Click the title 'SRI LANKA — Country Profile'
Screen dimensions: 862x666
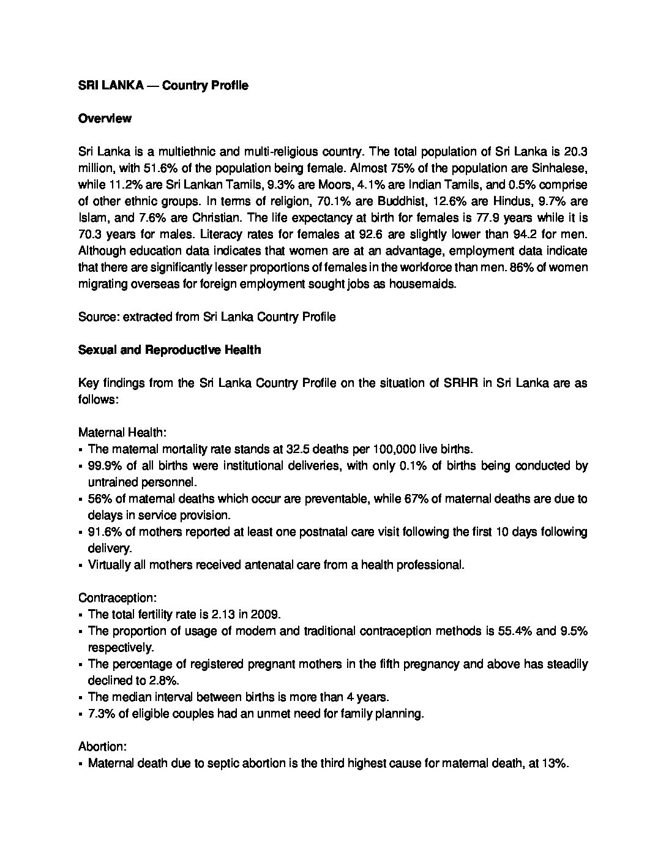[x=163, y=86]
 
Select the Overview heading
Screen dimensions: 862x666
[x=105, y=119]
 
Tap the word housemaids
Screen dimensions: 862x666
[x=424, y=284]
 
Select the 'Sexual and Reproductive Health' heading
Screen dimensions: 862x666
[x=169, y=350]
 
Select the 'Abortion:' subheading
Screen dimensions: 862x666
[x=102, y=747]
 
